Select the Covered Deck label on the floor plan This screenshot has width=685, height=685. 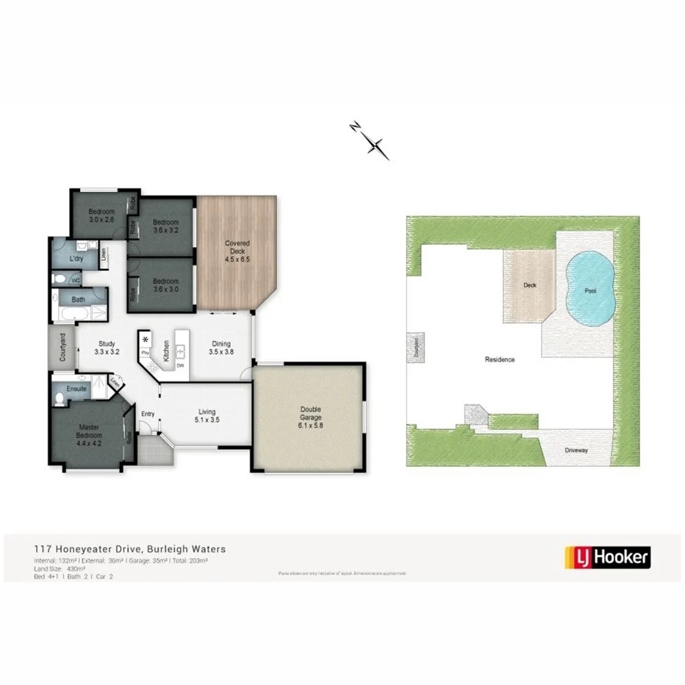(237, 251)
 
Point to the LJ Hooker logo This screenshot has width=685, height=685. (606, 556)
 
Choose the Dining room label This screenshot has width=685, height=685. (221, 347)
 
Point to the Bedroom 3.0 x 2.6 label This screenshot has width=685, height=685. (102, 215)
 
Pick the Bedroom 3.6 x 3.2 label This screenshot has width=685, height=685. (165, 226)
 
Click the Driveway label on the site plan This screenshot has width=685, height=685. (577, 451)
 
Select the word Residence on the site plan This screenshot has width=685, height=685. (499, 359)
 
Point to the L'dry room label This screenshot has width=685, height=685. (76, 259)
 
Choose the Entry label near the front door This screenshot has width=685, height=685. (148, 414)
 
